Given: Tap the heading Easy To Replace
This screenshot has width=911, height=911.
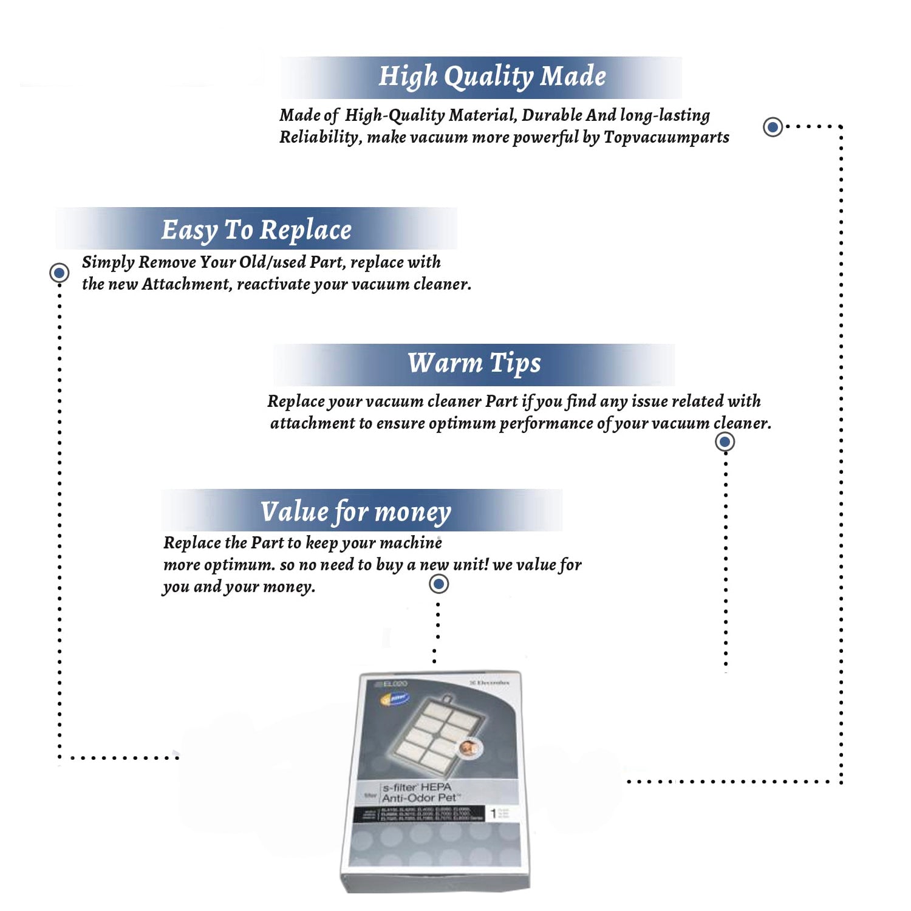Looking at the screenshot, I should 256,230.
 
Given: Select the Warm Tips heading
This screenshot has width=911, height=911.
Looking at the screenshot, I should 474,363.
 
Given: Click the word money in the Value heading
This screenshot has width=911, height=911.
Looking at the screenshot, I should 412,512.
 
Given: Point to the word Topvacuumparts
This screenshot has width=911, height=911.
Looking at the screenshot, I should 666,137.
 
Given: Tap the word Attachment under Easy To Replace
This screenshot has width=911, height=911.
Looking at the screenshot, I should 186,284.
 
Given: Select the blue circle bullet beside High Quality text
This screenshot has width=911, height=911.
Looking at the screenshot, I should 773,127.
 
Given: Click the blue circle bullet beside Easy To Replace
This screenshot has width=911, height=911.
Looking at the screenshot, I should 59,273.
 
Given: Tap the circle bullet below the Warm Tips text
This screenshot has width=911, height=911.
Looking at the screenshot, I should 725,442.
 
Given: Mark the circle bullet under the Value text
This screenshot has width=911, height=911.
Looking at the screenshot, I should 438,584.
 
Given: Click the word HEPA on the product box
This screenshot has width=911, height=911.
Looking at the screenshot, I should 435,787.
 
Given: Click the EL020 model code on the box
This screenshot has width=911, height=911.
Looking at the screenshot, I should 395,684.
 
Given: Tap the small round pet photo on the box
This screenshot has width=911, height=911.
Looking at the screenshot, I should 468,747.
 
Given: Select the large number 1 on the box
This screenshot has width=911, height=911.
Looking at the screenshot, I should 493,813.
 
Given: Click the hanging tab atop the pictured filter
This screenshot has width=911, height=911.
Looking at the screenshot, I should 448,699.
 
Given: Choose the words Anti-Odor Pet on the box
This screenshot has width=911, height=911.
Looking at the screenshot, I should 419,798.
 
